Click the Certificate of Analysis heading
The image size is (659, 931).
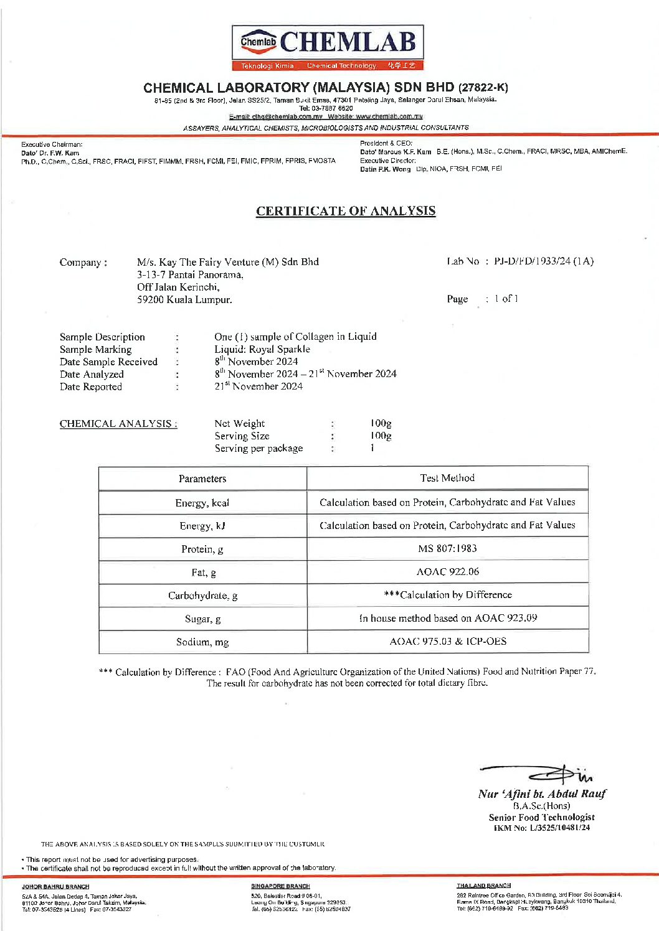click(346, 211)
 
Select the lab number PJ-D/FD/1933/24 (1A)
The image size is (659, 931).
click(544, 261)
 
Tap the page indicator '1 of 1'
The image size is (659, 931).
click(506, 299)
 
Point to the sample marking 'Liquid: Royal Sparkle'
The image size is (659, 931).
click(262, 349)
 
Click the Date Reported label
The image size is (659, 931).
click(91, 386)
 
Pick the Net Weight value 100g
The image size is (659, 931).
click(381, 424)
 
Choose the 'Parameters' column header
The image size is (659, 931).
click(202, 479)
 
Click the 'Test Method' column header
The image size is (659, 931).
click(447, 478)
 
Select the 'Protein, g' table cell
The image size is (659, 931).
click(202, 549)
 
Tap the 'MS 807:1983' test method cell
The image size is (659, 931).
click(447, 548)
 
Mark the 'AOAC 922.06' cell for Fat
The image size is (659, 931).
click(447, 571)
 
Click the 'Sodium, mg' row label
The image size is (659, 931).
click(202, 642)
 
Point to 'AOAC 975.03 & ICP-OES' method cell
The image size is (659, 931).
click(447, 641)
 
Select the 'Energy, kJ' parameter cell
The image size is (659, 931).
click(202, 526)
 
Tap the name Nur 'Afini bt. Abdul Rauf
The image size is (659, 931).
click(542, 794)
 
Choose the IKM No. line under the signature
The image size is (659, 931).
click(541, 828)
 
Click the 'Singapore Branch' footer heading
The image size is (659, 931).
click(280, 886)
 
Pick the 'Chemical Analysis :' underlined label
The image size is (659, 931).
click(118, 424)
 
